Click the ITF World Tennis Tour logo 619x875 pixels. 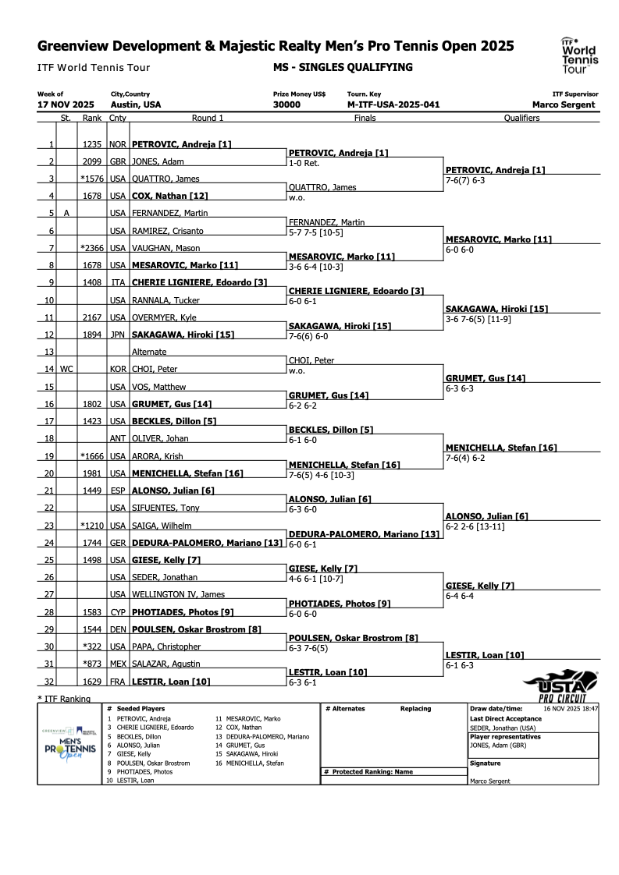[579, 54]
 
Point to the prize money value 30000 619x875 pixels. [286, 105]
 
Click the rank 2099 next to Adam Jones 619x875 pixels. [91, 161]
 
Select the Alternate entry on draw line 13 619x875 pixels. [148, 352]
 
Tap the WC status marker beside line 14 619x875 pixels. [66, 369]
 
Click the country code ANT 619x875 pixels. [117, 438]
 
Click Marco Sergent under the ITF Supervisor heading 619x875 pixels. [563, 105]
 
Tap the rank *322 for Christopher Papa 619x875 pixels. [91, 647]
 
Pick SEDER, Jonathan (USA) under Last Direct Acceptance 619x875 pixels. [503, 728]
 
